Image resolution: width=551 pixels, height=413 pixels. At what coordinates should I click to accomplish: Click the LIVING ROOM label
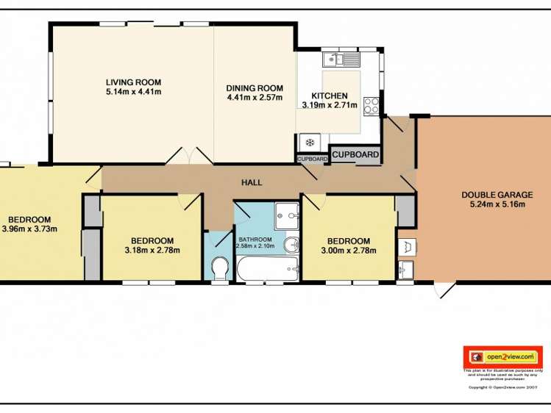click(x=133, y=82)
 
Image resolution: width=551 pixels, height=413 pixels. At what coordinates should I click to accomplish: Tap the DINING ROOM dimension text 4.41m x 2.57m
click(x=254, y=97)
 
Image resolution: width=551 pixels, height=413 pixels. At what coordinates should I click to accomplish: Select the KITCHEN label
click(x=329, y=96)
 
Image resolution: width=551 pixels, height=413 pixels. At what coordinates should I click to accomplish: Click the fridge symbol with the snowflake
click(x=310, y=142)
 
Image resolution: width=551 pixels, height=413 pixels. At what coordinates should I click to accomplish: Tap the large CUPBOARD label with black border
click(x=356, y=154)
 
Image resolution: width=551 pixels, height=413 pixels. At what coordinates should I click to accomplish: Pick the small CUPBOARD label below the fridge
click(x=312, y=159)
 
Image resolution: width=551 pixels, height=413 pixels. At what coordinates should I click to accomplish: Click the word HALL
click(x=252, y=183)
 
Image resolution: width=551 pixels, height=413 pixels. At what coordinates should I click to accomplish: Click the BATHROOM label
click(x=255, y=240)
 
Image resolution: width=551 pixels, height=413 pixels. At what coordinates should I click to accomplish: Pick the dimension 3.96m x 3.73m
click(x=30, y=229)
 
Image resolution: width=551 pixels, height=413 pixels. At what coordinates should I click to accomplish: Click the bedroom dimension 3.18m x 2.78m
click(x=152, y=251)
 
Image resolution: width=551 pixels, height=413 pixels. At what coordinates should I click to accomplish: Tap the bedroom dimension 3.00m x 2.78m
click(x=348, y=251)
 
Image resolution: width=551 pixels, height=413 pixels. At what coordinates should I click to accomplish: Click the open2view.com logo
click(x=503, y=356)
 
